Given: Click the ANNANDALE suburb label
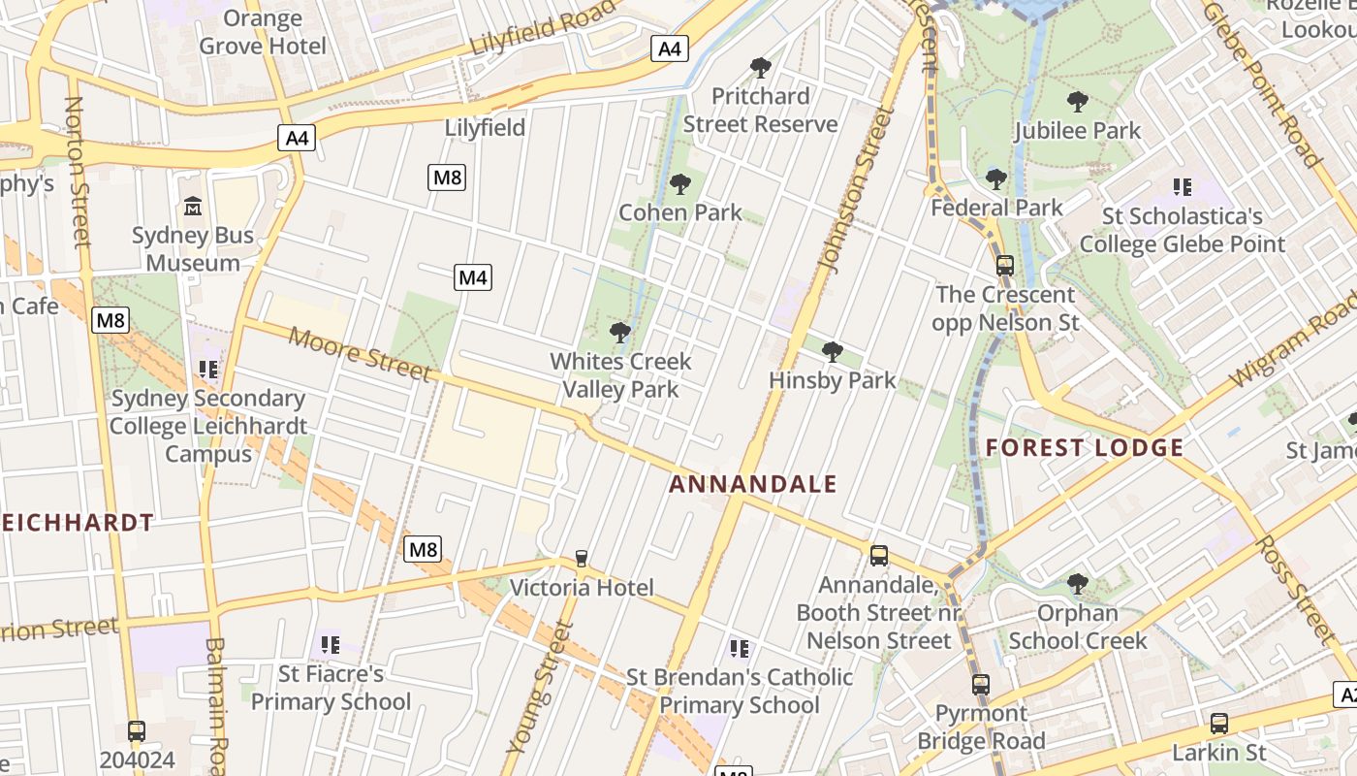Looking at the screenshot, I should tap(752, 483).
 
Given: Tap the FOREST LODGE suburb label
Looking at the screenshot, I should tap(1085, 447).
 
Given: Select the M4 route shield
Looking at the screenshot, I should tap(473, 278).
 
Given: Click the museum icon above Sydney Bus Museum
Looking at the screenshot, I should tap(193, 207).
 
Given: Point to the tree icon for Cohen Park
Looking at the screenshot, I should tap(680, 184).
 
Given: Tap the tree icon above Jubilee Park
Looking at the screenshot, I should tap(1077, 102).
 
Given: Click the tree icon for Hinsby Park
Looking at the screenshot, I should tap(832, 352).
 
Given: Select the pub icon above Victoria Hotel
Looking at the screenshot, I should tap(581, 559).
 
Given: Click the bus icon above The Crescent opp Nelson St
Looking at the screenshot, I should tap(1005, 265).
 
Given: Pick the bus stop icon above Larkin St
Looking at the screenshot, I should tap(1219, 724).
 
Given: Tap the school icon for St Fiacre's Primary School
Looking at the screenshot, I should tap(331, 644).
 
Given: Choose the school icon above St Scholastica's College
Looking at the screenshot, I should tap(1182, 186).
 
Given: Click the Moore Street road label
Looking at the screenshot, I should tap(360, 354).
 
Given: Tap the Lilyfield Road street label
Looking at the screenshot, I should tap(543, 28).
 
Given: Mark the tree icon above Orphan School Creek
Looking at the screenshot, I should tap(1077, 584).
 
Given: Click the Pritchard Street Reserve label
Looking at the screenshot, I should tap(760, 110).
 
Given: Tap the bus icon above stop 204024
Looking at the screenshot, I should tap(137, 731).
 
